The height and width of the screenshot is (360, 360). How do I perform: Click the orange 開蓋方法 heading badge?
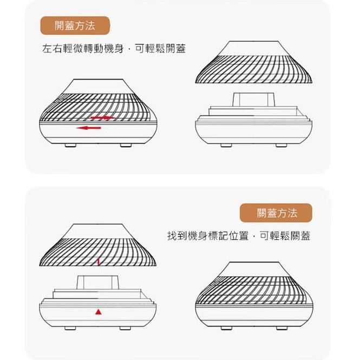[x=75, y=25]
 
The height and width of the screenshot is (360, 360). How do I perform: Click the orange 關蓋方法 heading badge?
[x=277, y=213]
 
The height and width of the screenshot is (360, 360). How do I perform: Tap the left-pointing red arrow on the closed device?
[x=89, y=128]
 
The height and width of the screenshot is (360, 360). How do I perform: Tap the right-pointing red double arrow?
[x=102, y=117]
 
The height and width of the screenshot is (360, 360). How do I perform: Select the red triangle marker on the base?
[x=98, y=312]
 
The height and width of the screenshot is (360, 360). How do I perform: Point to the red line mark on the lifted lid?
[x=98, y=262]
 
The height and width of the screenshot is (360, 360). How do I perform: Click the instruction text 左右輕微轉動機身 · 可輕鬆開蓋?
[x=114, y=49]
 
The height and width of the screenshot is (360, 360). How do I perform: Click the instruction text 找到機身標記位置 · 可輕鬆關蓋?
[x=238, y=236]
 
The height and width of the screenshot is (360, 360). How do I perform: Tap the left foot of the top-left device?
[x=70, y=145]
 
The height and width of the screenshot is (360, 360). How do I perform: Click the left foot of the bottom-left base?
[x=69, y=328]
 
